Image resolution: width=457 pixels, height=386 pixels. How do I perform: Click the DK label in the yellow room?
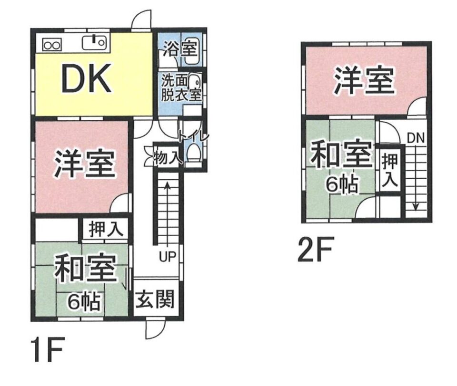(86, 78)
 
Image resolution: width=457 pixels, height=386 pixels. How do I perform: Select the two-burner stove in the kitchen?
(52, 45)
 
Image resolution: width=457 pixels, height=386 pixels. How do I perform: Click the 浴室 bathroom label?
(180, 48)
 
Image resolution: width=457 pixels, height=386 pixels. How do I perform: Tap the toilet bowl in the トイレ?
(194, 154)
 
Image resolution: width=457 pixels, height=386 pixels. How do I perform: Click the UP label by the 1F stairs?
(168, 256)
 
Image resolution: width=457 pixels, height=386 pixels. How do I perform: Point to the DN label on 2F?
(416, 138)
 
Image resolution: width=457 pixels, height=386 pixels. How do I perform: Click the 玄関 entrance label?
(156, 299)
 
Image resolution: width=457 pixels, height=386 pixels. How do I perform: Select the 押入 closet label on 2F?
(390, 170)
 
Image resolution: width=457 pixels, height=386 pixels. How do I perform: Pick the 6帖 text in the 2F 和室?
(341, 184)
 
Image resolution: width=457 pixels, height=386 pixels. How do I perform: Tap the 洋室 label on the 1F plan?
(84, 164)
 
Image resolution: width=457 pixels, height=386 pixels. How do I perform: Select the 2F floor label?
(315, 250)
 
